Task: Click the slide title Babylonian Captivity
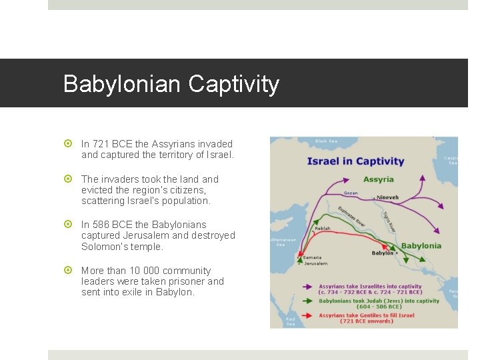point(171,84)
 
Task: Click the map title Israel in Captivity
point(355,161)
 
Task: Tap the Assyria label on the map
point(378,179)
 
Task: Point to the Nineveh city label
point(388,197)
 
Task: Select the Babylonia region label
point(421,245)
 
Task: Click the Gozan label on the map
point(351,193)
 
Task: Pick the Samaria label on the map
point(312,257)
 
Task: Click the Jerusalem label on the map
point(315,263)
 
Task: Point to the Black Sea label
point(326,141)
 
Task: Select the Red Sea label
point(291,321)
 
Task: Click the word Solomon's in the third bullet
point(103,247)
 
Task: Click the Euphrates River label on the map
point(350,217)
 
